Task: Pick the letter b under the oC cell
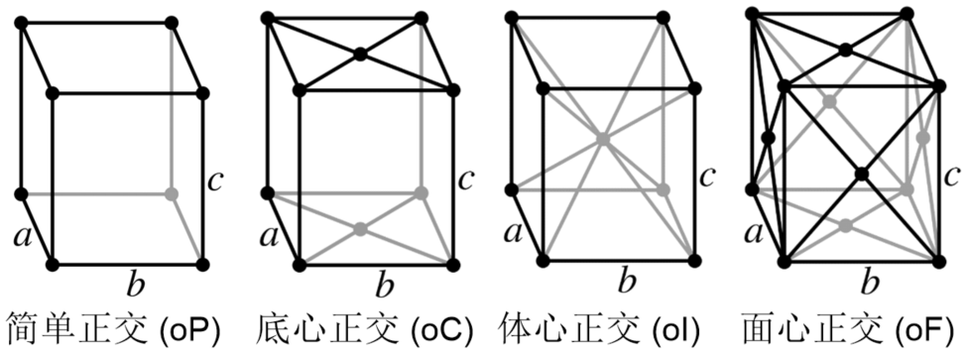[381, 287]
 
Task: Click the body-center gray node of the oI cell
[602, 139]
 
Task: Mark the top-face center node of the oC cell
[361, 54]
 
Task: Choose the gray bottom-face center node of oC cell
[360, 228]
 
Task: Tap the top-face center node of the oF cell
[844, 50]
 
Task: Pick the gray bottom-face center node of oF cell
[845, 225]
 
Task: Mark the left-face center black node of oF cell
[767, 138]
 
